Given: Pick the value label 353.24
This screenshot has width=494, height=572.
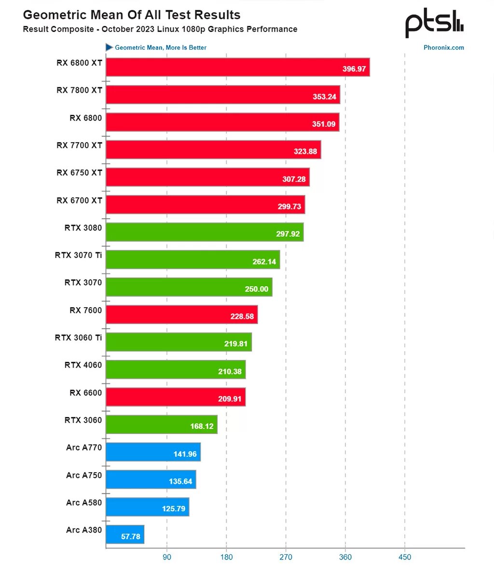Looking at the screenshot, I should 325,96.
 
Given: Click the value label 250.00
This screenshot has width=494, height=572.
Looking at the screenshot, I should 257,289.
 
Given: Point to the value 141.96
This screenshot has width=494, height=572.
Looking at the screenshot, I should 185,454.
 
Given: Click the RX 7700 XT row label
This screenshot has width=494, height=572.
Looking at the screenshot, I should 79,145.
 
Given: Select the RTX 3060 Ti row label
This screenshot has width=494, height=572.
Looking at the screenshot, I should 78,338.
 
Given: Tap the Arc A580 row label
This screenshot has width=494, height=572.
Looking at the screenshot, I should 84,503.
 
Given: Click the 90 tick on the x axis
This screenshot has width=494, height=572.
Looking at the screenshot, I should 167,557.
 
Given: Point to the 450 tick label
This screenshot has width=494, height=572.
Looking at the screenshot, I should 405,557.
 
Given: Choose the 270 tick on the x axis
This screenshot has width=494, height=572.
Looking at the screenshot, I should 286,557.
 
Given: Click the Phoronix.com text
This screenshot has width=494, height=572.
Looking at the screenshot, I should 444,48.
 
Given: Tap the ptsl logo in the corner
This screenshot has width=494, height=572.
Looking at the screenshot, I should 434,25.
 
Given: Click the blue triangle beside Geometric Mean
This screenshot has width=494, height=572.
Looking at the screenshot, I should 109,47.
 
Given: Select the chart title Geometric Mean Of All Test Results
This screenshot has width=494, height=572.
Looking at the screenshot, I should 132,15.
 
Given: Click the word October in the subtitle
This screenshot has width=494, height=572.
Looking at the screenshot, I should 119,29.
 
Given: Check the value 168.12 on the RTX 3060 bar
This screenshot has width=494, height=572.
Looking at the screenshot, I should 202,426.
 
